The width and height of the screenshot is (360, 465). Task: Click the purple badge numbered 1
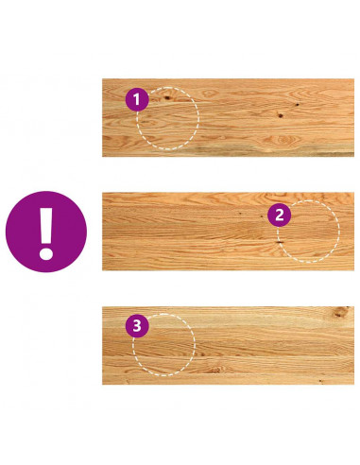pos(137,99)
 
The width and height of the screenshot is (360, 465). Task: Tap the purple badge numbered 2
pos(279,215)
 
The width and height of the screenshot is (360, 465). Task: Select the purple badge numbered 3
pos(137,326)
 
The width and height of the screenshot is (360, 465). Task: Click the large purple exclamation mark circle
pos(46,232)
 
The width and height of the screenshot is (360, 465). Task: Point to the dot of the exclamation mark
pos(46,253)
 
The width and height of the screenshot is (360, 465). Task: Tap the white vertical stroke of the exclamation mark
pos(46,225)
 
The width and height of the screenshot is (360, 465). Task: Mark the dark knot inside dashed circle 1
pos(167,97)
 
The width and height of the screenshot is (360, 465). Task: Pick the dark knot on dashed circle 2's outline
pos(279,242)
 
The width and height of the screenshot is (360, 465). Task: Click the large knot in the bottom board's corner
pos(341,311)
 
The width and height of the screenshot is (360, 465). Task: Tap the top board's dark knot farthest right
pos(297,104)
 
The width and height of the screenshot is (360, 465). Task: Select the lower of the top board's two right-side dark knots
pos(280,115)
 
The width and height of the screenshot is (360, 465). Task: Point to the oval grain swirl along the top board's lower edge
pos(284,139)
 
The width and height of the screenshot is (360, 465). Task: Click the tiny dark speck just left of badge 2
pos(262,216)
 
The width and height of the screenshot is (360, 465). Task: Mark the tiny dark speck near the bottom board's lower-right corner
pos(320,381)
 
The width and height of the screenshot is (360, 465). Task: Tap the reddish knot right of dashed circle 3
pos(214,370)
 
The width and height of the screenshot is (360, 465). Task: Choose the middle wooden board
pos(228,232)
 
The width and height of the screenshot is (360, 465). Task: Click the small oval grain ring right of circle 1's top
pos(209,94)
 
